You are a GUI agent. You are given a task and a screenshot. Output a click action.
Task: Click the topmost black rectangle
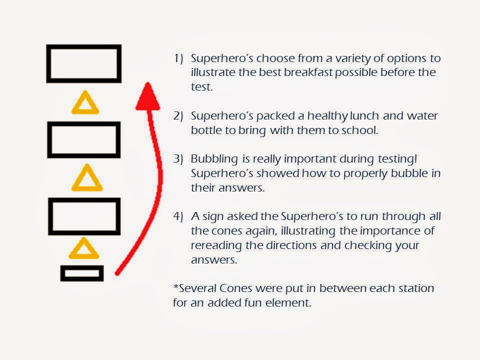pos(83,46)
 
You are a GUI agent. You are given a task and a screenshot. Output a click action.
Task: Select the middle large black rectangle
pos(83,123)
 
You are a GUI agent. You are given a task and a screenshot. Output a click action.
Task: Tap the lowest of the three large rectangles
pos(84,200)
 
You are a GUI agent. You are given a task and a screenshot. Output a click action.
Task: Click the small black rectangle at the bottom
pos(81,267)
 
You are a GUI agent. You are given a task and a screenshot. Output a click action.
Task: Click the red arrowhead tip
pos(148,82)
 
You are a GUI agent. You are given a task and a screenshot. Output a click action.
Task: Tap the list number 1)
pos(178,58)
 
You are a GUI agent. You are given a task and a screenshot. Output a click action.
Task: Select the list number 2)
pos(178,115)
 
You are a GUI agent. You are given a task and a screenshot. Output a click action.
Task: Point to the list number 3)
pos(178,159)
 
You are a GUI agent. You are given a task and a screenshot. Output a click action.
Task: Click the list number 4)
pos(178,216)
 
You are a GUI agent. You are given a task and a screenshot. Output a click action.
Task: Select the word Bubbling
pos(214,159)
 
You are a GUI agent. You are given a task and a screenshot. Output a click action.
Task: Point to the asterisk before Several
pos(175,286)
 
